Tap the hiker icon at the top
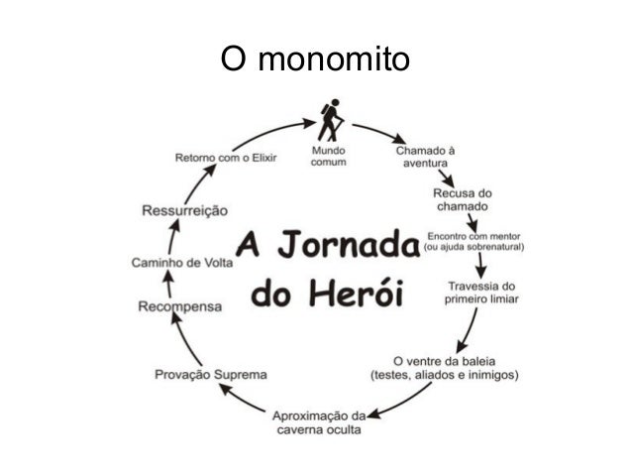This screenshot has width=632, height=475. pyautogui.click(x=330, y=122)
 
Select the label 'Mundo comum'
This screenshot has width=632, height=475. pyautogui.click(x=329, y=157)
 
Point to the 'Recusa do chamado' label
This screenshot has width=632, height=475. pyautogui.click(x=462, y=198)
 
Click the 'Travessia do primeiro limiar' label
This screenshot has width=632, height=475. pyautogui.click(x=482, y=293)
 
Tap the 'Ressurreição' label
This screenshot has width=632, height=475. pyautogui.click(x=185, y=210)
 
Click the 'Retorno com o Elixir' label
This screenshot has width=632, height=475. pyautogui.click(x=227, y=157)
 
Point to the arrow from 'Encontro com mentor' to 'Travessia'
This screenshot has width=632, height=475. pyautogui.click(x=480, y=265)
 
